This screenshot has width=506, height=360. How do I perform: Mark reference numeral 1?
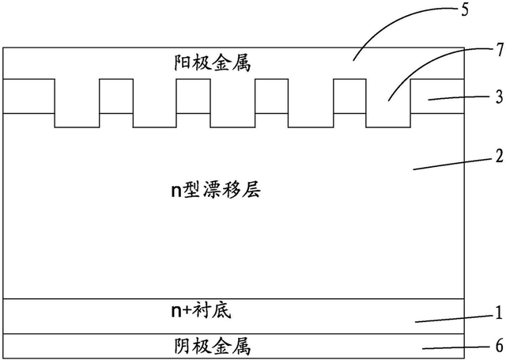(x=497, y=312)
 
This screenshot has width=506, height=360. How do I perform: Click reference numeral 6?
(x=497, y=347)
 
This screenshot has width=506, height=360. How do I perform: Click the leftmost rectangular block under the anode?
(x=28, y=96)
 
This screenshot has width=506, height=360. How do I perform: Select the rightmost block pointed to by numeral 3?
(x=437, y=96)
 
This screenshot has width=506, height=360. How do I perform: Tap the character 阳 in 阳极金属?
(x=180, y=63)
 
